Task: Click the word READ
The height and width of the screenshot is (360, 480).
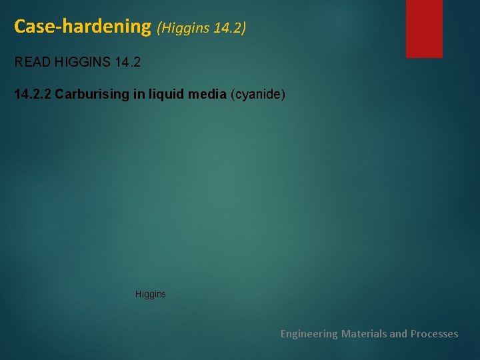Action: [31, 63]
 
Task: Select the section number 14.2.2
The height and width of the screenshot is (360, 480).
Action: [32, 95]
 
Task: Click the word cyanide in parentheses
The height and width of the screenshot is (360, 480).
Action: [258, 95]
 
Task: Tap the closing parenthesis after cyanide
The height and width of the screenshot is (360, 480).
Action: [283, 95]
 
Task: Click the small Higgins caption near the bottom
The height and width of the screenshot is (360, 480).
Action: [150, 294]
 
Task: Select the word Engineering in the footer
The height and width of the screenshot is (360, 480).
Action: [309, 333]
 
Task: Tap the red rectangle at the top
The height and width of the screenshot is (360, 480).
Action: [424, 28]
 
